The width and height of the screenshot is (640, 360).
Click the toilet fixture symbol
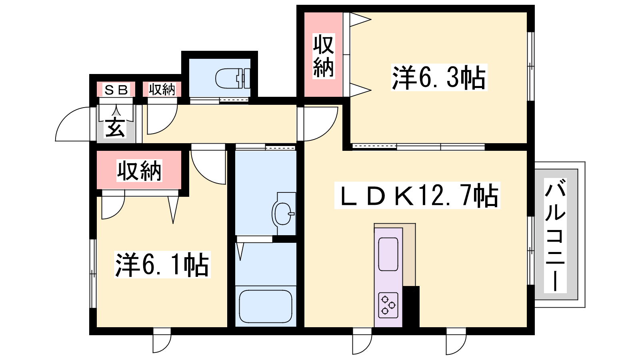(232, 78)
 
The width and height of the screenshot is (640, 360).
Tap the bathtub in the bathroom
(266, 306)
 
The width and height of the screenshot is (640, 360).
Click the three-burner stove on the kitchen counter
(388, 306)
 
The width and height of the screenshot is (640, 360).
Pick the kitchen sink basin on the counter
(388, 254)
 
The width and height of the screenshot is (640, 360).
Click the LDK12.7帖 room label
(417, 196)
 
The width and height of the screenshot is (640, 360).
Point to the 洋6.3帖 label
(439, 78)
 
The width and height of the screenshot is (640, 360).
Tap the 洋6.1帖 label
(162, 264)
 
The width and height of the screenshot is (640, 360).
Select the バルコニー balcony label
(555, 236)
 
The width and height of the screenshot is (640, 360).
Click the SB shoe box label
(116, 90)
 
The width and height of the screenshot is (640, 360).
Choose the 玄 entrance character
(115, 128)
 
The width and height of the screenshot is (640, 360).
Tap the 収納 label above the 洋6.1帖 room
(139, 170)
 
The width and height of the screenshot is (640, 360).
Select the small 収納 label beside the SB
(162, 90)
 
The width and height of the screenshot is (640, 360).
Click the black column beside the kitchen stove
(411, 306)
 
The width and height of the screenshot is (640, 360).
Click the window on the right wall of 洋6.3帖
(530, 66)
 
